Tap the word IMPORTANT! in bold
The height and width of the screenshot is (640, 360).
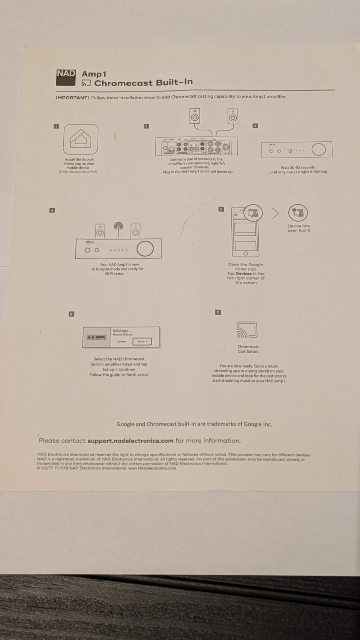[72, 98]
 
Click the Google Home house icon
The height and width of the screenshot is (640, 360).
[81, 139]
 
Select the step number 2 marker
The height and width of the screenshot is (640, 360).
[146, 126]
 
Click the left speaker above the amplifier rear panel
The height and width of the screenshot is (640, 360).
[195, 116]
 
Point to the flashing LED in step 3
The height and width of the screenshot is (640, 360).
[290, 151]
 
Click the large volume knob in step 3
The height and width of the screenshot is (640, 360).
[318, 150]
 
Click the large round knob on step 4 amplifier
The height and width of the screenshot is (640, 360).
[145, 249]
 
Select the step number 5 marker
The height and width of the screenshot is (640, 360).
[221, 209]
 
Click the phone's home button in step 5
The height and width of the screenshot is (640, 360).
[246, 254]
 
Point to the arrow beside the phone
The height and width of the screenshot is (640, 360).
[276, 213]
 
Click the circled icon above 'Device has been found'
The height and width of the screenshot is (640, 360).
[298, 213]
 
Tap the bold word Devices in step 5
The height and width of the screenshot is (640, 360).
[244, 274]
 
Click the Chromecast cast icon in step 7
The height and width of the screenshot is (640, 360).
[247, 330]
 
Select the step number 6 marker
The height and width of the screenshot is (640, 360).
[71, 314]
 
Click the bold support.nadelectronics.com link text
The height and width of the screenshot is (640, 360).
[130, 441]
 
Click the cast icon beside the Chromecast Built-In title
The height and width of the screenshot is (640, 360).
[86, 83]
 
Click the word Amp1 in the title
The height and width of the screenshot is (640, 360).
[94, 74]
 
